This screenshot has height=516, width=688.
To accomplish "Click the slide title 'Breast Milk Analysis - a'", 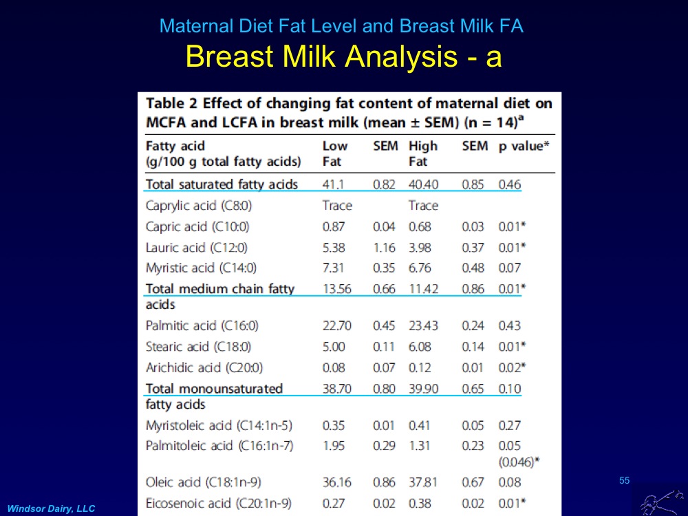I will [x=343, y=57].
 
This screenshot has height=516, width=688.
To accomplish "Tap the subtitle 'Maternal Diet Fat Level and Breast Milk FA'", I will [x=341, y=27].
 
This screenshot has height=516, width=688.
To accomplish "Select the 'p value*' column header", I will [x=525, y=146].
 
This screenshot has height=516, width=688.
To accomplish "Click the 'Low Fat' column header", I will [x=335, y=153].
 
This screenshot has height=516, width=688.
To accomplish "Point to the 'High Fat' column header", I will [x=422, y=153].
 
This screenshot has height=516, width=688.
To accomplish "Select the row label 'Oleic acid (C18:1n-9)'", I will [x=203, y=482].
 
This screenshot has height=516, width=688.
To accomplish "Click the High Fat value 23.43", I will [x=423, y=325].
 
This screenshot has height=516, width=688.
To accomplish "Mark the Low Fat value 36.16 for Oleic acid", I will [x=336, y=482].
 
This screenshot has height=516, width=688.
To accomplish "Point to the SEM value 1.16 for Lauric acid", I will [x=384, y=247].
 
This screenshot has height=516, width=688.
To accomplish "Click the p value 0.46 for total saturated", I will [x=510, y=184].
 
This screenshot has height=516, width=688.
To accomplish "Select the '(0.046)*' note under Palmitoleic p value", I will [x=519, y=462].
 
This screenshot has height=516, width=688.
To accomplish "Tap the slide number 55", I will [x=624, y=480].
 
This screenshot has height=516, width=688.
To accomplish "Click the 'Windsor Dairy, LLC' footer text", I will [x=52, y=508].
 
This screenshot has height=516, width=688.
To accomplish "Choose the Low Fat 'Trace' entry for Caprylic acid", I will [x=337, y=206].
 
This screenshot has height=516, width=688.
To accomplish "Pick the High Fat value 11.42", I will [x=423, y=289].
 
